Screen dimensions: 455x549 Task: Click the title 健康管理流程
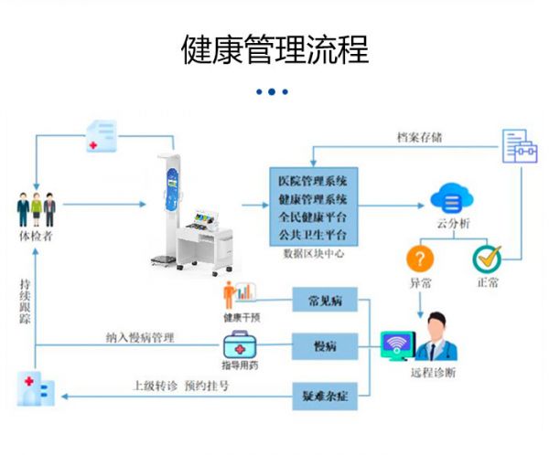274,49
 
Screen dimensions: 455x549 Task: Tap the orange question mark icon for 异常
420,258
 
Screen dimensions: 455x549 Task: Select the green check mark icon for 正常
487,258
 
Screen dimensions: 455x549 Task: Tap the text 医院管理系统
312,180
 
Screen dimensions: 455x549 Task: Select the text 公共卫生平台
312,235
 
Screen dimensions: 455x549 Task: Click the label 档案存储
420,137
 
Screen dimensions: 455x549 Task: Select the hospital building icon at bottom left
36,390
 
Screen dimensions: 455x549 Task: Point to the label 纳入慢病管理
139,337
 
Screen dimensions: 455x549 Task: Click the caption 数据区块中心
313,254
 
